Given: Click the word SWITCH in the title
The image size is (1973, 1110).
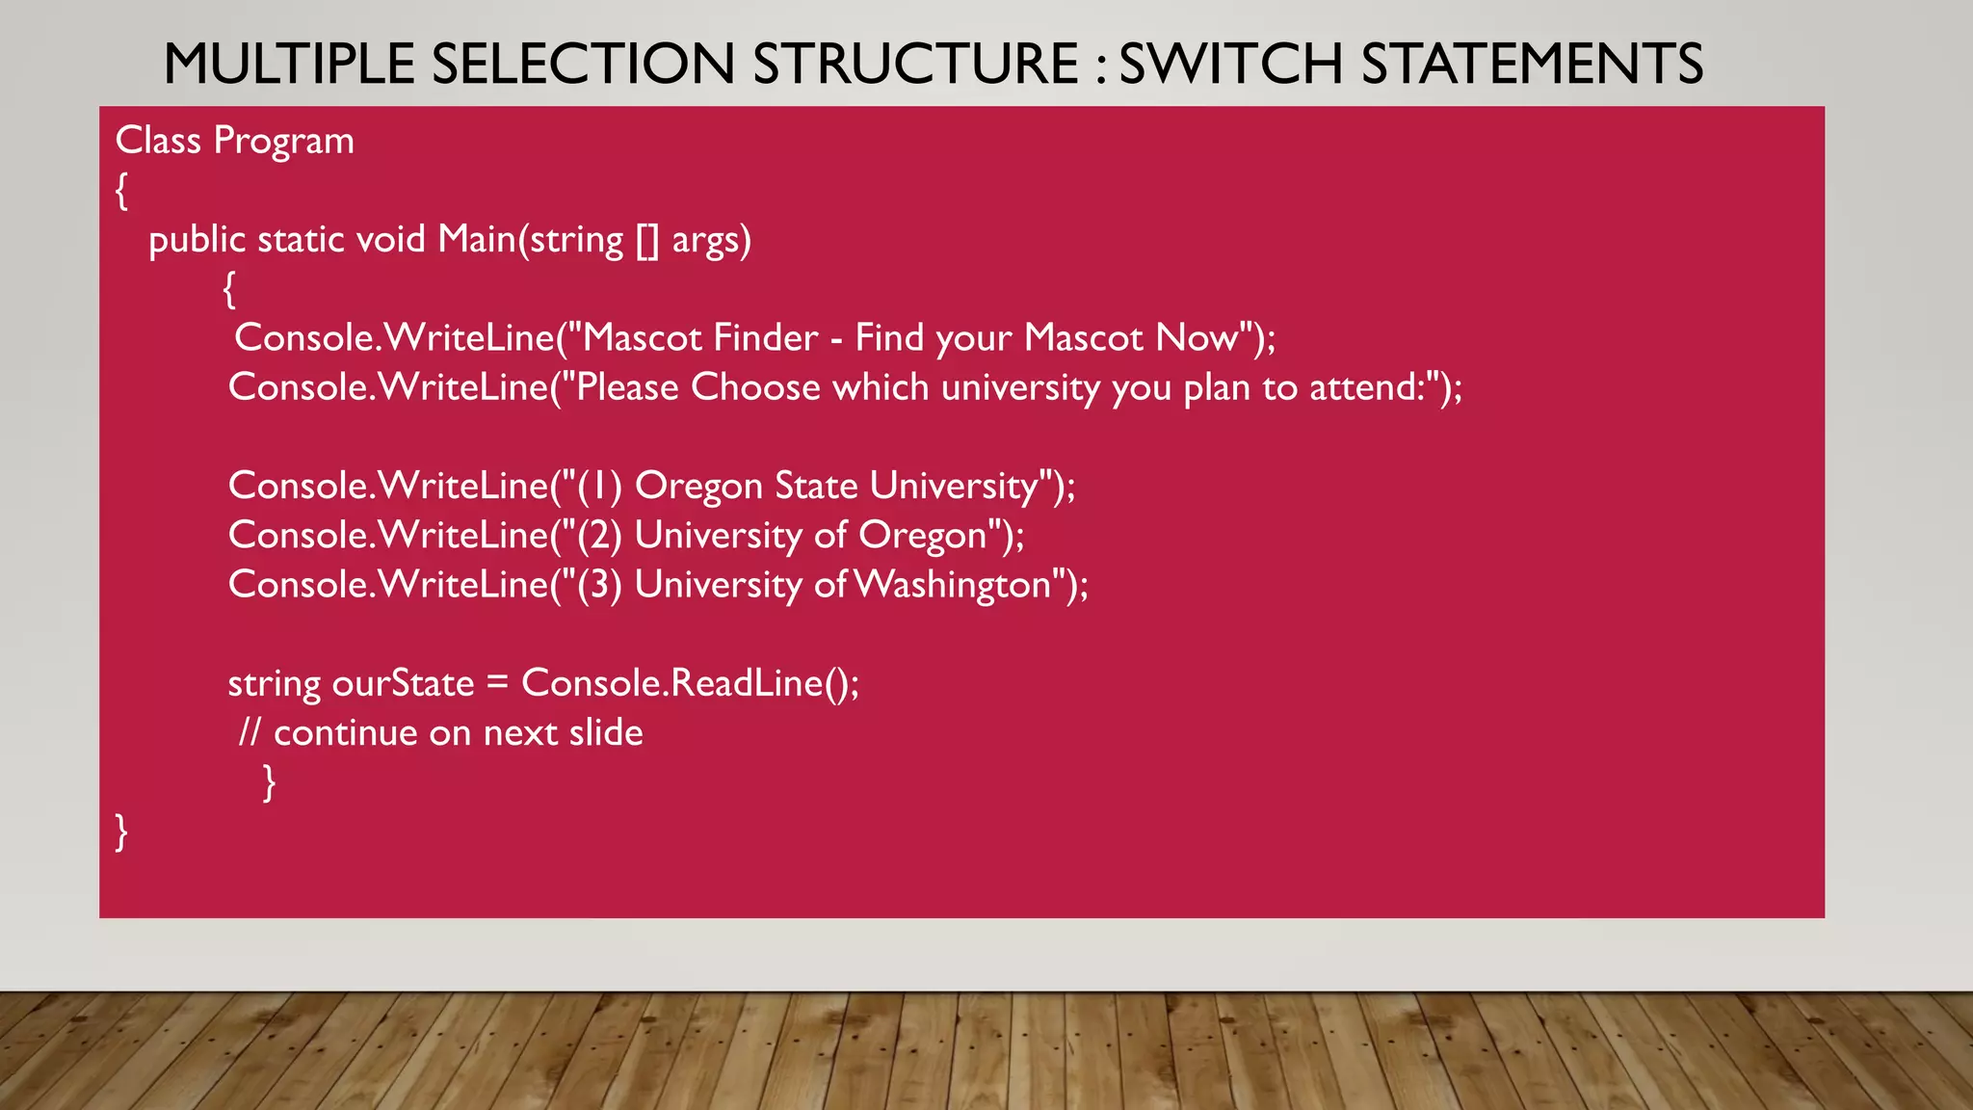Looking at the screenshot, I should (x=1230, y=65).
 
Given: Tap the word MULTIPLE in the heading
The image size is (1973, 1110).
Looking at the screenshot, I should (x=288, y=65).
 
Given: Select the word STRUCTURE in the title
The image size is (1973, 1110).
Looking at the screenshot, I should (x=916, y=65).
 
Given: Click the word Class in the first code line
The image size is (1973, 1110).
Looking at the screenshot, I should (x=158, y=141).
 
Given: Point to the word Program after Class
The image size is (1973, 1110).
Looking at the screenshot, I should (x=283, y=142).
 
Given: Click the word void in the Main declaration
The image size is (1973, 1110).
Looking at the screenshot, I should (x=391, y=239).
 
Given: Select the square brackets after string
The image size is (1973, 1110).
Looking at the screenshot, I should (x=646, y=240).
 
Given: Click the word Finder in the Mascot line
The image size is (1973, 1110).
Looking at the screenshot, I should (x=766, y=337).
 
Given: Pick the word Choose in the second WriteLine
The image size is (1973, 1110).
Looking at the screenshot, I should (x=755, y=387).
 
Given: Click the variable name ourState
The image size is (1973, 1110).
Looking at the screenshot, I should (x=403, y=683).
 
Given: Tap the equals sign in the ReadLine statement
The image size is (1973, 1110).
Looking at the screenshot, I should (x=497, y=683).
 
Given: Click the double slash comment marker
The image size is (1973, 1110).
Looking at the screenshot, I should (x=250, y=732).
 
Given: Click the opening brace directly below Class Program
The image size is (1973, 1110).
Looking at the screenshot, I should (x=121, y=191).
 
